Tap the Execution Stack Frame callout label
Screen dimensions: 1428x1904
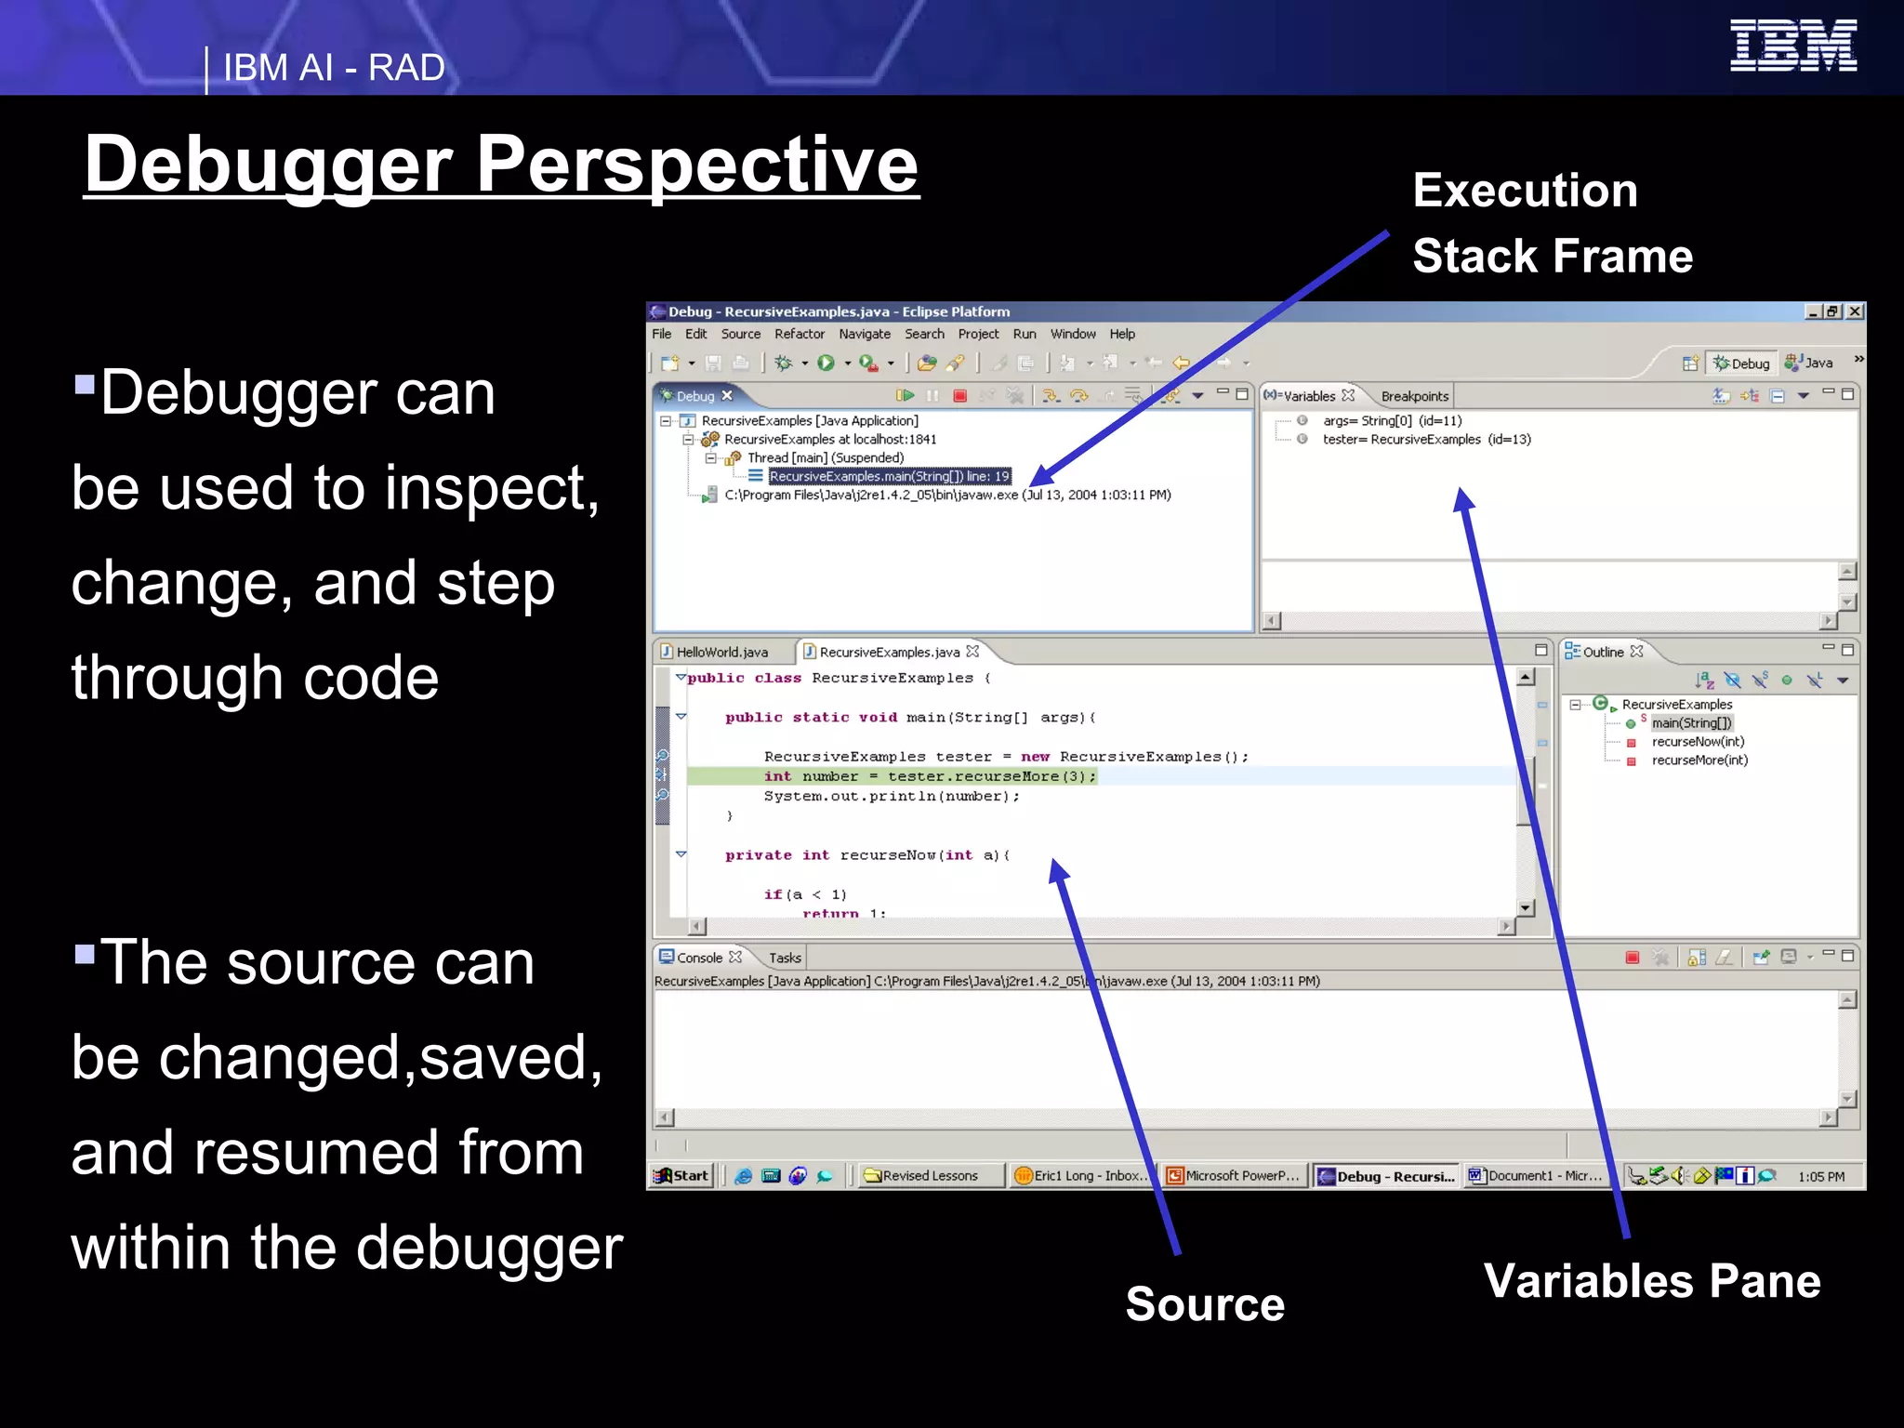[1551, 223]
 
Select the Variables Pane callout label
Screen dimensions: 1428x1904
[1652, 1280]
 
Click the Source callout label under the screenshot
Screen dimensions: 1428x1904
[1205, 1303]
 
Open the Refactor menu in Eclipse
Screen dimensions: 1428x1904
[799, 334]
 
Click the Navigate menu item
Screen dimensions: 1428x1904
[864, 334]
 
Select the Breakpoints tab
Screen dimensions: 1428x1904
[1414, 396]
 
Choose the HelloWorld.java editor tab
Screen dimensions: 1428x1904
[721, 652]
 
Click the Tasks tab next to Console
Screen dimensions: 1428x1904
[785, 958]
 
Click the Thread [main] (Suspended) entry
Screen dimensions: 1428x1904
[825, 457]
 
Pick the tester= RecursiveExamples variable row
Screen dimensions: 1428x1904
[1425, 439]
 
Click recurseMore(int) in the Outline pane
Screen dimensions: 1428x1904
[1699, 760]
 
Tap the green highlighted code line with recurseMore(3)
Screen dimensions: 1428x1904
[930, 776]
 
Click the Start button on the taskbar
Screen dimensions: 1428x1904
[682, 1175]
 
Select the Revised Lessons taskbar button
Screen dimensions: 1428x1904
[929, 1175]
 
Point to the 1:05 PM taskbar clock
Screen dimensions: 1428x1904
[1820, 1176]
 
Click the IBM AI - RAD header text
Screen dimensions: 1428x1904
[334, 68]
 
